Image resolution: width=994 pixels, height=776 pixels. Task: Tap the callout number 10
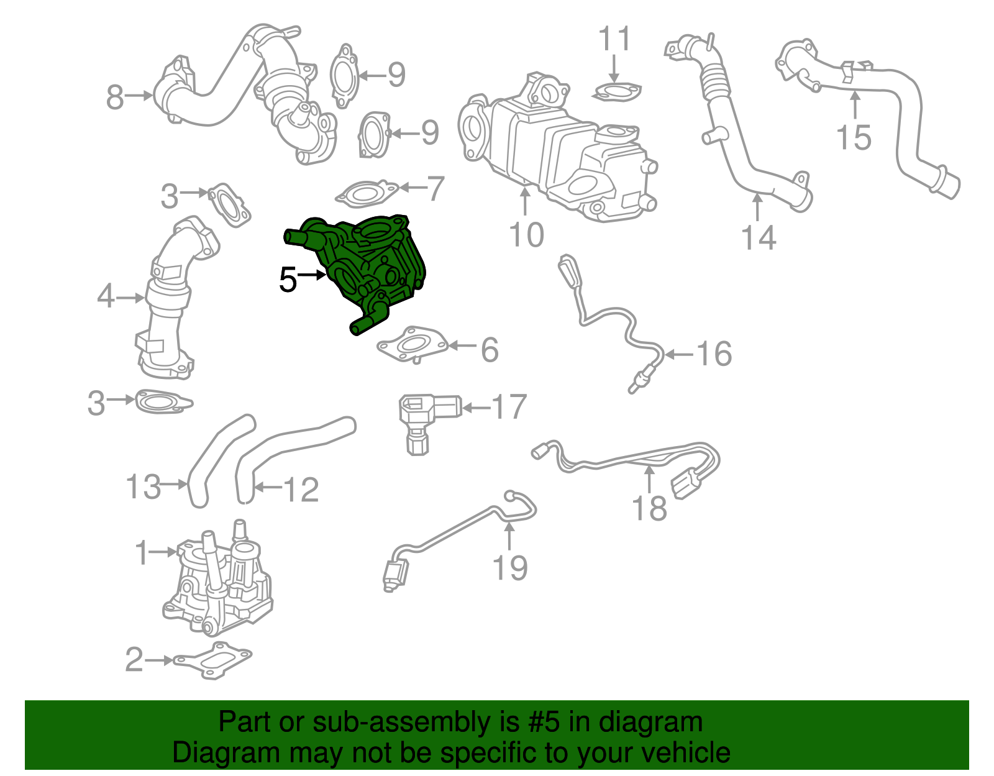tap(526, 235)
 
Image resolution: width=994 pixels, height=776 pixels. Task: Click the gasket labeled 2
tap(213, 660)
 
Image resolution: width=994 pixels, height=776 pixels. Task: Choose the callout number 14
tap(759, 237)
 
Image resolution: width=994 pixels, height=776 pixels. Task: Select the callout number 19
tap(510, 568)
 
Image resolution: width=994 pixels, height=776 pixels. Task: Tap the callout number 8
tap(115, 98)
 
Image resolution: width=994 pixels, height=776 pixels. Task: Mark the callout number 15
tap(854, 137)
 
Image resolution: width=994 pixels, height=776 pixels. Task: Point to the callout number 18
tap(649, 508)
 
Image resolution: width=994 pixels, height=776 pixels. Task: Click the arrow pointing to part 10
tap(526, 202)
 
